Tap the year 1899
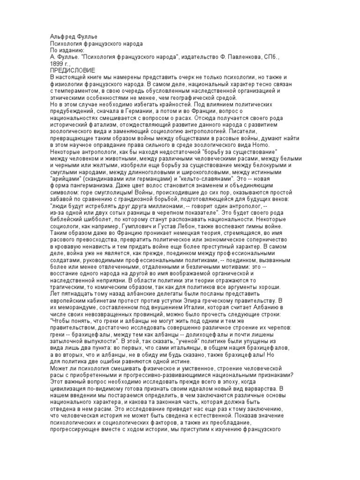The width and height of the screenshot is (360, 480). click(x=59, y=63)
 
